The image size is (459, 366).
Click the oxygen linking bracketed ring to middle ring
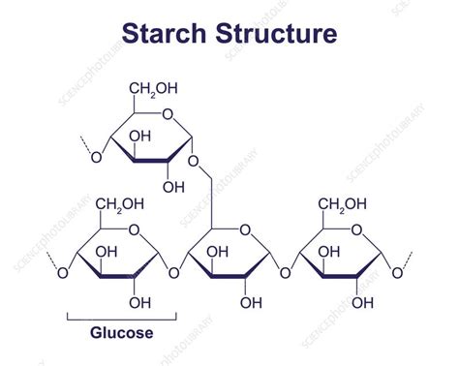pos(174,274)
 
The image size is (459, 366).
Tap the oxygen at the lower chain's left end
pos(62,274)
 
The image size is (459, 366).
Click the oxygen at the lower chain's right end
pos(398,274)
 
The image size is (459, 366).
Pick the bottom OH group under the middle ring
pos(251,302)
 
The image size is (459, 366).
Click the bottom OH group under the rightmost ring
pos(363,302)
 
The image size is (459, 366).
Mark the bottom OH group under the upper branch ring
pos(173,187)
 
